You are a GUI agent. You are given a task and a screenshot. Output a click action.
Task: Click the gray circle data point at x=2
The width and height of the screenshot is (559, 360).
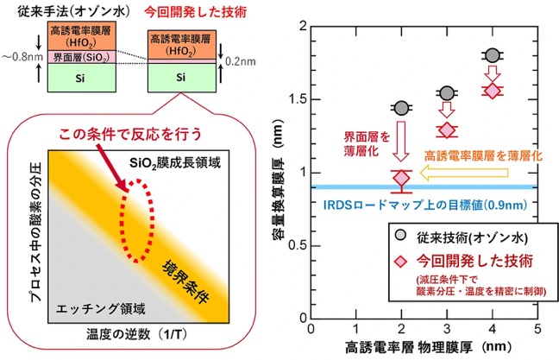(x=402, y=107)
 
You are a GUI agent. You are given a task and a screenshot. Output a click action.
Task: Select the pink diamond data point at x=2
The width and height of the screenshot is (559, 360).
(x=402, y=177)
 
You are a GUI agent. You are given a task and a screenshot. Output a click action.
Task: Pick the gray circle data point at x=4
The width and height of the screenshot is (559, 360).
(x=493, y=55)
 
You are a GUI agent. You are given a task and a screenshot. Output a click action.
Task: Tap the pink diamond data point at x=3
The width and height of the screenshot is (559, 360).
(x=447, y=130)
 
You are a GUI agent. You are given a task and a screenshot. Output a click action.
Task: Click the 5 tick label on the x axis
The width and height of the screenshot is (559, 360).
(x=537, y=329)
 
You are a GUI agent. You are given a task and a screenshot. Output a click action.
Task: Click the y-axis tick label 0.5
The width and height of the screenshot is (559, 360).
(x=298, y=246)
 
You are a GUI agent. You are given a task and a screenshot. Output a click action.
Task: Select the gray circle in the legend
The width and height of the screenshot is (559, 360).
(x=401, y=235)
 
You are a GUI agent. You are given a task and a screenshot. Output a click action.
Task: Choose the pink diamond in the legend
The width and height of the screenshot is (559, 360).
(x=401, y=262)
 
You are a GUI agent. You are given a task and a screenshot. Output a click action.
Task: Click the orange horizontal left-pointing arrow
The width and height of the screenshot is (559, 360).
(x=464, y=173)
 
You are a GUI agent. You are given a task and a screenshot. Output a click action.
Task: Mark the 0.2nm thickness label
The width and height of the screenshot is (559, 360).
(x=241, y=61)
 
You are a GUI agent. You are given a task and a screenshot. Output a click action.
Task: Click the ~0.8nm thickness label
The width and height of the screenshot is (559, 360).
(x=22, y=57)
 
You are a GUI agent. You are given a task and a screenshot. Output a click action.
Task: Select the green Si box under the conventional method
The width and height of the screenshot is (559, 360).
(x=82, y=78)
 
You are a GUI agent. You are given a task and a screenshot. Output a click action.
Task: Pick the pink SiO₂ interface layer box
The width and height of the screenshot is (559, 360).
(x=82, y=57)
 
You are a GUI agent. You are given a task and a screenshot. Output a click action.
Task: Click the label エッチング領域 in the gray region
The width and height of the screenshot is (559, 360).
(x=101, y=308)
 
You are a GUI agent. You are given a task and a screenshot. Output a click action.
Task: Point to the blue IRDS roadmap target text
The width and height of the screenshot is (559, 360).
(x=425, y=205)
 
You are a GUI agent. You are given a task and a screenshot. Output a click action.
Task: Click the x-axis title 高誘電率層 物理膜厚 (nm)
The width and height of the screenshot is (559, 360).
(x=428, y=347)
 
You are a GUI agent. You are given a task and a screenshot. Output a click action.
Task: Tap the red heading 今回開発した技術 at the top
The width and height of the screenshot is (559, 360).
(x=195, y=12)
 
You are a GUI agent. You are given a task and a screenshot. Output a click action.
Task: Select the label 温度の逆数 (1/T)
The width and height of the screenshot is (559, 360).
(x=136, y=334)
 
